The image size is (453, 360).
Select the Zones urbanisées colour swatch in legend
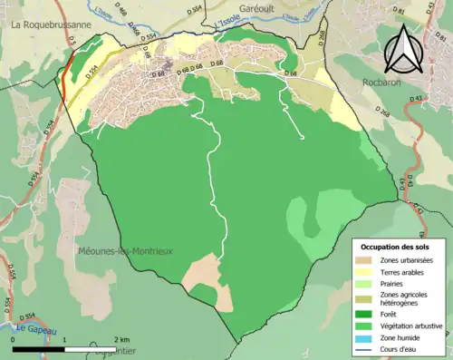click(370, 261)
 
